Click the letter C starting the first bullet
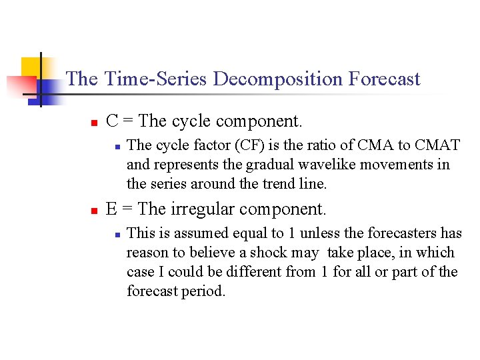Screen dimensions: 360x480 pyautogui.click(x=112, y=121)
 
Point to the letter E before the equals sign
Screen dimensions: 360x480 pyautogui.click(x=111, y=209)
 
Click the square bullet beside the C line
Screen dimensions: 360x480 pyautogui.click(x=95, y=123)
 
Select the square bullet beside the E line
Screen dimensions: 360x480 pyautogui.click(x=95, y=211)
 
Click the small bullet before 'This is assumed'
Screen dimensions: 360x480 pyautogui.click(x=116, y=235)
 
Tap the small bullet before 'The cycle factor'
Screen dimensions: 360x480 pyautogui.click(x=116, y=146)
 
